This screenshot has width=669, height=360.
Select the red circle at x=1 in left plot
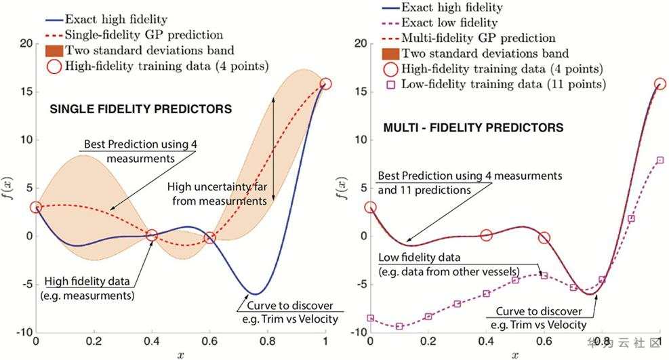326,84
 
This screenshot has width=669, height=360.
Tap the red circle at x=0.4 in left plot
152,235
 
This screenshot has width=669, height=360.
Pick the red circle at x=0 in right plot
370,207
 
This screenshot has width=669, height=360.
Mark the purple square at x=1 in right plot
660,160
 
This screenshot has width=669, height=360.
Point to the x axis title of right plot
516,354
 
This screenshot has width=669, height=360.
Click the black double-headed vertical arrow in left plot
273,147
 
